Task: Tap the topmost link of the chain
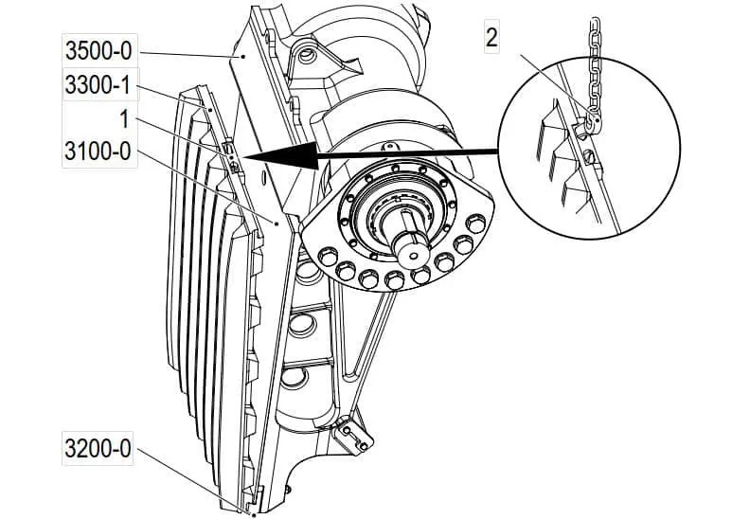tap(595, 23)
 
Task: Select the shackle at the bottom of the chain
tap(591, 121)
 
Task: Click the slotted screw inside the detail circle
tap(589, 155)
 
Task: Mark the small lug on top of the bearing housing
tap(387, 147)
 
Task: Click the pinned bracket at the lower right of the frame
tap(356, 435)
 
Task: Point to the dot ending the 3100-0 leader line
tap(276, 224)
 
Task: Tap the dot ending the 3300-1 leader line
tap(209, 111)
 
